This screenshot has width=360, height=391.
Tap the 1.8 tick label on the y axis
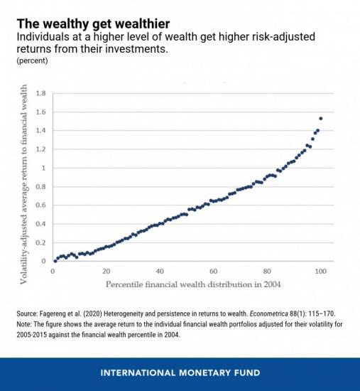(40, 93)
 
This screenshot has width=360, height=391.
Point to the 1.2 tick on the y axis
(40, 149)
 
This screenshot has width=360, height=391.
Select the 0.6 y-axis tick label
(40, 205)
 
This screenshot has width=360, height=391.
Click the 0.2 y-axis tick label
(40, 242)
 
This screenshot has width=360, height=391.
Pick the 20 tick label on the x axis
(106, 272)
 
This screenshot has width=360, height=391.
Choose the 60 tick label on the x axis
(213, 272)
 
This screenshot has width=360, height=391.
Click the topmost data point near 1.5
(321, 118)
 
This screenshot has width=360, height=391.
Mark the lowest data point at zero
(55, 261)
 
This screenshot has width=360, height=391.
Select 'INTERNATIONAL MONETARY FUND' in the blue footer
(180, 372)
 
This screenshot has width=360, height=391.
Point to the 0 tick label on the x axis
(53, 272)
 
